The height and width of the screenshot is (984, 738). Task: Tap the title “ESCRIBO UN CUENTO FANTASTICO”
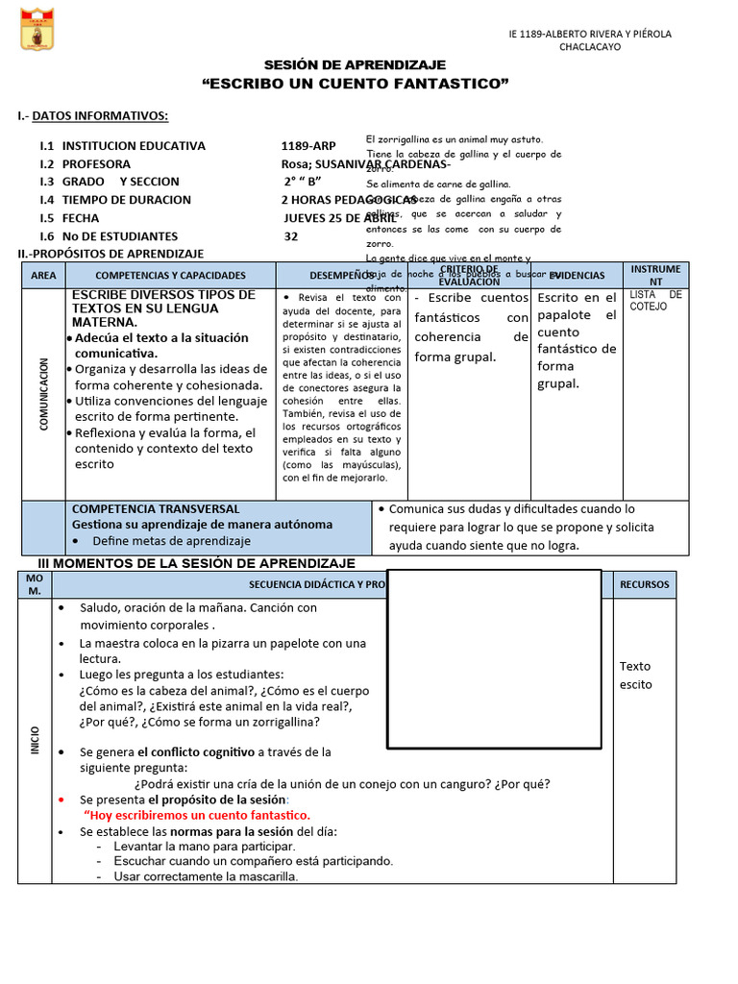355,85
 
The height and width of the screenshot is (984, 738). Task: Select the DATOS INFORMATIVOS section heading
100,116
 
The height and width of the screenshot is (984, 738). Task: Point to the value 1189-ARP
307,146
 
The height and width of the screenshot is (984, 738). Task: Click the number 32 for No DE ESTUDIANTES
291,236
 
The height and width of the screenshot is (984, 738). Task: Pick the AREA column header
43,275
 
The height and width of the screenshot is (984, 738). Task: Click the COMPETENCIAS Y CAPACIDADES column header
170,275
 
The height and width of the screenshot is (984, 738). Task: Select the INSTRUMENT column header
656,275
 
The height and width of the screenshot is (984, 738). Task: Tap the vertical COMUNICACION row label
43,394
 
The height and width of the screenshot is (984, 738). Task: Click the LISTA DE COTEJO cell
656,300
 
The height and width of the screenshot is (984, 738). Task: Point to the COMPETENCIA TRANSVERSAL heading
156,508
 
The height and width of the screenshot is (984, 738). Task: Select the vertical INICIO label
35,740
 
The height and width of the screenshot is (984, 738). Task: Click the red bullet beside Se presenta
61,799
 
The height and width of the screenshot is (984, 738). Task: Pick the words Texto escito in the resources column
635,676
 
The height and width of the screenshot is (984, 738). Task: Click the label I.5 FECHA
69,218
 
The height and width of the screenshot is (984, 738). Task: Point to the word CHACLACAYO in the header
590,47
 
